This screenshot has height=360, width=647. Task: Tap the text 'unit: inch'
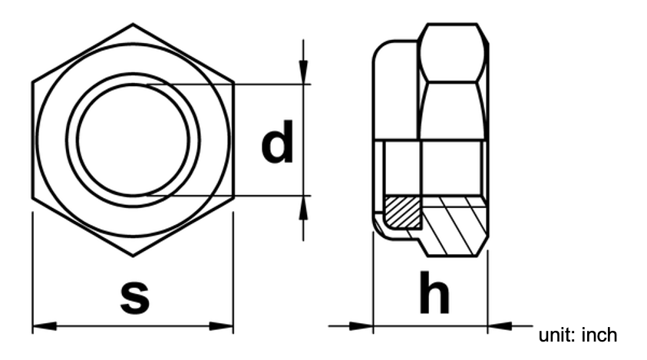[578, 335]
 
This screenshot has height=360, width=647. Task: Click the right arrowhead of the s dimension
[222, 326]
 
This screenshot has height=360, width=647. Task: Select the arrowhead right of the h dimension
[499, 326]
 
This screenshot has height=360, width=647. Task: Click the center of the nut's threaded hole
[132, 139]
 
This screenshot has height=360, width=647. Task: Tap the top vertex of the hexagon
[132, 23]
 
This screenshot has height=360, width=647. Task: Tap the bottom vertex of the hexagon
[132, 256]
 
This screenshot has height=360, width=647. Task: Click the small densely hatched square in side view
[401, 212]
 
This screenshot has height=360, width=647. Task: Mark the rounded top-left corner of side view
[379, 51]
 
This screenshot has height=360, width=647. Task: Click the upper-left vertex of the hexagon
[32, 81]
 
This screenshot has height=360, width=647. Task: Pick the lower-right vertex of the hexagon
[233, 198]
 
